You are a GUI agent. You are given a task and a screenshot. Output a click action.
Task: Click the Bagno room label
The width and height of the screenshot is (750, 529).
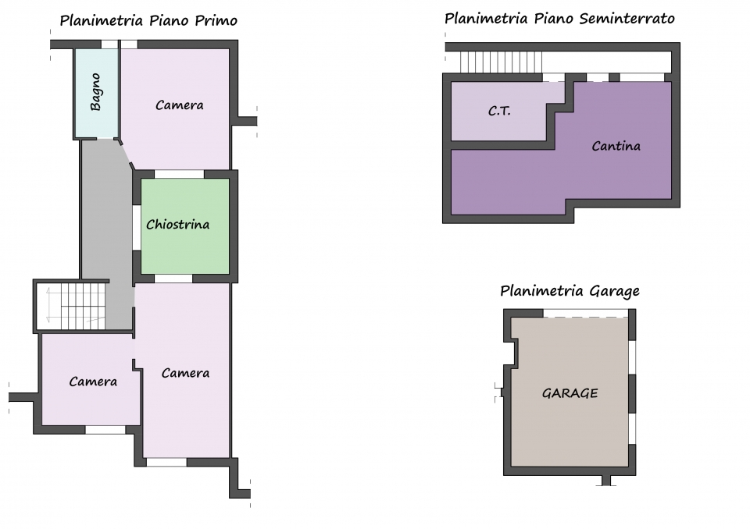pyautogui.click(x=95, y=92)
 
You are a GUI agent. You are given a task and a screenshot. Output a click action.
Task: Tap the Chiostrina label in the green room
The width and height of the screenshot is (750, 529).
pyautogui.click(x=178, y=224)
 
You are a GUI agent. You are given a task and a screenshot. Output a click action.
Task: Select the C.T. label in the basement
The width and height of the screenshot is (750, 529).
pyautogui.click(x=499, y=111)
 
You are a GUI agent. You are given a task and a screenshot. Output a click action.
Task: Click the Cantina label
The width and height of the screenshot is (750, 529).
pyautogui.click(x=616, y=146)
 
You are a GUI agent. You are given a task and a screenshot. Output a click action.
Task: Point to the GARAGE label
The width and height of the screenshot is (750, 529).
pyautogui.click(x=570, y=393)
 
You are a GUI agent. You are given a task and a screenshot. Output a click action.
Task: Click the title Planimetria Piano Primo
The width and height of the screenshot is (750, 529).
pyautogui.click(x=148, y=20)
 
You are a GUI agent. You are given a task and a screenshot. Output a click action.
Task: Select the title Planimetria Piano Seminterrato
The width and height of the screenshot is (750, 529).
pyautogui.click(x=559, y=19)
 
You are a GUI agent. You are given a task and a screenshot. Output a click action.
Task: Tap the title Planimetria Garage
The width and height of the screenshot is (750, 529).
pyautogui.click(x=570, y=291)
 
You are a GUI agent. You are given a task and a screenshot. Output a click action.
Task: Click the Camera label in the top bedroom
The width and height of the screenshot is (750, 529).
pyautogui.click(x=180, y=105)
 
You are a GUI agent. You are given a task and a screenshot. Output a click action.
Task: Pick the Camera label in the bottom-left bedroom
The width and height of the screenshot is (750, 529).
pyautogui.click(x=93, y=382)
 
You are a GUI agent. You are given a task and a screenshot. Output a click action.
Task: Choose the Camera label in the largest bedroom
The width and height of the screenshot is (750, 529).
pyautogui.click(x=185, y=373)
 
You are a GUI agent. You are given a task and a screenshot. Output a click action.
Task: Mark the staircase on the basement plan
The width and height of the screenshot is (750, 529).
pyautogui.click(x=501, y=62)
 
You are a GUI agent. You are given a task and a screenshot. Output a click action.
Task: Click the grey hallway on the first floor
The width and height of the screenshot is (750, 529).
pyautogui.click(x=107, y=229)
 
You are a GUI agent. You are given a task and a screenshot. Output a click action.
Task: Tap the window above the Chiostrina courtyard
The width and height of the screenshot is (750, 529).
pyautogui.click(x=180, y=174)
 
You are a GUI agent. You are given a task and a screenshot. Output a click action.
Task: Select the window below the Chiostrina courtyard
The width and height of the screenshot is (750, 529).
pyautogui.click(x=173, y=279)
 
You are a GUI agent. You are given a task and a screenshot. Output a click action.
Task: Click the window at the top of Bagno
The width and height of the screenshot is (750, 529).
pyautogui.click(x=109, y=44)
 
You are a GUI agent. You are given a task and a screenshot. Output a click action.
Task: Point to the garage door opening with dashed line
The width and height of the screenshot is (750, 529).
pyautogui.click(x=585, y=314)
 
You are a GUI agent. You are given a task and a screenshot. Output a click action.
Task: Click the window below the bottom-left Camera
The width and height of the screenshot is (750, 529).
pyautogui.click(x=105, y=430)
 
